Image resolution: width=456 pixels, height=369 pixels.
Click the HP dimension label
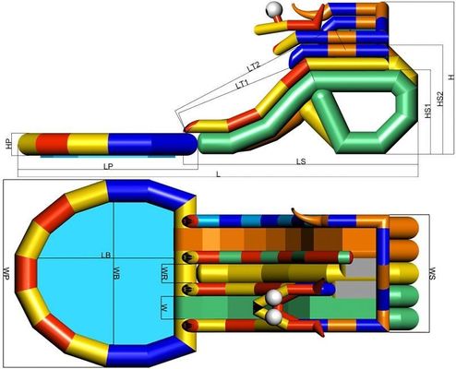9,144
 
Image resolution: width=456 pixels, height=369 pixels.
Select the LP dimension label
108,167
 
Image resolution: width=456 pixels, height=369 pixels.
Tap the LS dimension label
301,161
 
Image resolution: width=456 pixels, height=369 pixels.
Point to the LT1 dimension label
243,84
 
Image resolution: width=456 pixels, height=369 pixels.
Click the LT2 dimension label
254,66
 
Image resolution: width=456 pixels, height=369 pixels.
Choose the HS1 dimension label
427,111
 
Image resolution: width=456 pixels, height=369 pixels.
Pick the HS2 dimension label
440,99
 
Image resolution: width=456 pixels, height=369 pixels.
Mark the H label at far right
451,77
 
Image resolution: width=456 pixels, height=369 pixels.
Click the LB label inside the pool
105,255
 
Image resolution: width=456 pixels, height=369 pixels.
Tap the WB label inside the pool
116,273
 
